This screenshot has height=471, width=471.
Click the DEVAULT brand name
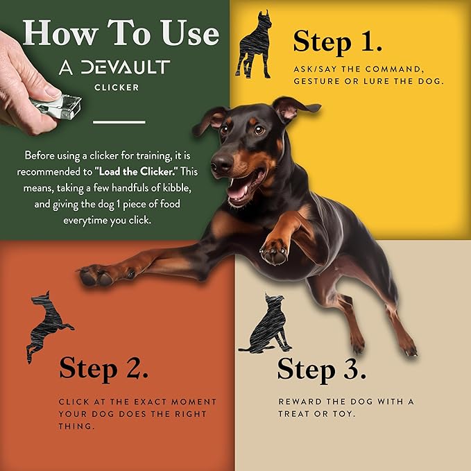126,67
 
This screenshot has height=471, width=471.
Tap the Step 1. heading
338,42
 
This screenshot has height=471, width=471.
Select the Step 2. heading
103,368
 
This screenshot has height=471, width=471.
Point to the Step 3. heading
322,369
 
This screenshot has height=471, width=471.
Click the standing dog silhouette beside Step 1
254,44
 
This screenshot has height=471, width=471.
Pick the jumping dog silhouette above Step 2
48,327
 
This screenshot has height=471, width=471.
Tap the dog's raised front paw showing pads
274,252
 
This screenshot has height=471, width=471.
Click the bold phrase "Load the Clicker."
137,171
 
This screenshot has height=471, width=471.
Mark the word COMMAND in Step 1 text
394,69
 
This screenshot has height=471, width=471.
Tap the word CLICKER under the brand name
117,87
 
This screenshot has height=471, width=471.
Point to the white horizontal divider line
119,122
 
